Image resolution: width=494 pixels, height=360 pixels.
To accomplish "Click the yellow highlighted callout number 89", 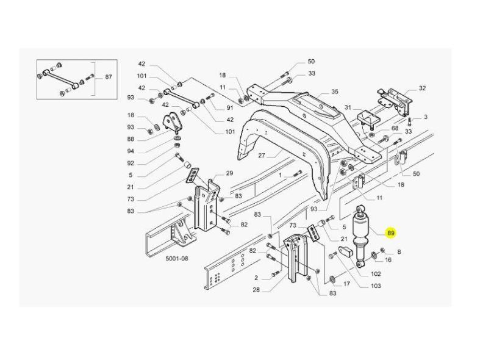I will (x=391, y=233).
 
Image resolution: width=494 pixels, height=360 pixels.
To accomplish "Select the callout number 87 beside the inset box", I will (x=109, y=77).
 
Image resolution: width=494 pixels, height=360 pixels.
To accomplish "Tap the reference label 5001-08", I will (x=177, y=258).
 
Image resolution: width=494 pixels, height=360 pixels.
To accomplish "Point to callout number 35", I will (x=334, y=92).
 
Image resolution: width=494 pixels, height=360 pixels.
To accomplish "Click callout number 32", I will (x=422, y=88).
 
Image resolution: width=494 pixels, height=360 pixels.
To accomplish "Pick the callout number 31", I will (x=348, y=108).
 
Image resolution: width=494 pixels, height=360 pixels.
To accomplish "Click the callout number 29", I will (x=230, y=173).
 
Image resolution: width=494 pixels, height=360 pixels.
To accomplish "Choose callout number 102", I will (x=375, y=274).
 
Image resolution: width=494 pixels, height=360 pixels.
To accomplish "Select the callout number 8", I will (x=399, y=251).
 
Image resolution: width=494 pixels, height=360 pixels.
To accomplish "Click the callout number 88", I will (x=131, y=139).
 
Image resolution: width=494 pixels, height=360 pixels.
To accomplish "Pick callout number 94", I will (x=131, y=151).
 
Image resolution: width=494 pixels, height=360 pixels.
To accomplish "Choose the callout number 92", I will (x=131, y=163).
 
